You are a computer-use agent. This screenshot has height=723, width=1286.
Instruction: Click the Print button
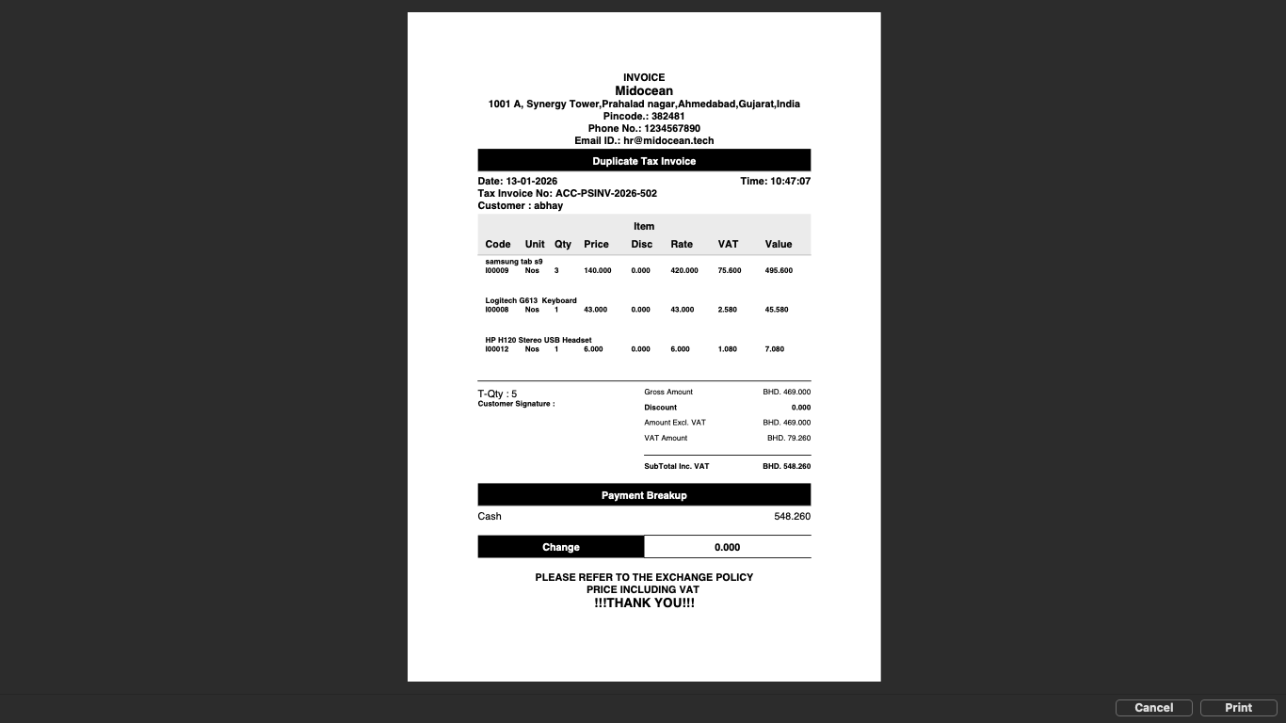(1238, 708)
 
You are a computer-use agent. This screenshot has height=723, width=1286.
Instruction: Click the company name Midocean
(644, 90)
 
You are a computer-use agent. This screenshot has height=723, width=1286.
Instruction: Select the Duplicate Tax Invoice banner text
(644, 161)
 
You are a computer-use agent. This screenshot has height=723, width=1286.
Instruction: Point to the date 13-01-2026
(531, 181)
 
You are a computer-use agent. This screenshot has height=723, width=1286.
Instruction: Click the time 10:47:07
(790, 181)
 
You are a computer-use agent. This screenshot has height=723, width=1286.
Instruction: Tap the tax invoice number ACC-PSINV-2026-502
(605, 193)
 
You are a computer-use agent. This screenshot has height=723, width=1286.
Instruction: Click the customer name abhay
(548, 205)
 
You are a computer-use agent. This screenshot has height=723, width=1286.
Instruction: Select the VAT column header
(728, 244)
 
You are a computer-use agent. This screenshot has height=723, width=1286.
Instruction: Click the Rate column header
(682, 244)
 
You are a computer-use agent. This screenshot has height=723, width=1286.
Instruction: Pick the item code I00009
(497, 270)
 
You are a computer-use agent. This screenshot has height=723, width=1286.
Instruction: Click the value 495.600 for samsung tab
(779, 270)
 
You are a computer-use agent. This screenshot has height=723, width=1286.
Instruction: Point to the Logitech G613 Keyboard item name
(531, 300)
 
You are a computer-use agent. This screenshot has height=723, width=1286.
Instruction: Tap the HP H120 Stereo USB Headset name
(539, 340)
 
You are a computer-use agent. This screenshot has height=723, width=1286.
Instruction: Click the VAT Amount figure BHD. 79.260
(788, 438)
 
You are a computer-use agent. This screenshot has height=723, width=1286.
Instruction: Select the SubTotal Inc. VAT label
(676, 466)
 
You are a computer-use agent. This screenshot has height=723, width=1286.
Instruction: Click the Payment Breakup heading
(644, 495)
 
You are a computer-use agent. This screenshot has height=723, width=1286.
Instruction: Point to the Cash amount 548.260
(792, 516)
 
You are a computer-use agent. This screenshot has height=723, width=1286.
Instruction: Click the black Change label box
(561, 547)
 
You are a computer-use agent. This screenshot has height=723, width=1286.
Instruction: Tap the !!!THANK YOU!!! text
(644, 602)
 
